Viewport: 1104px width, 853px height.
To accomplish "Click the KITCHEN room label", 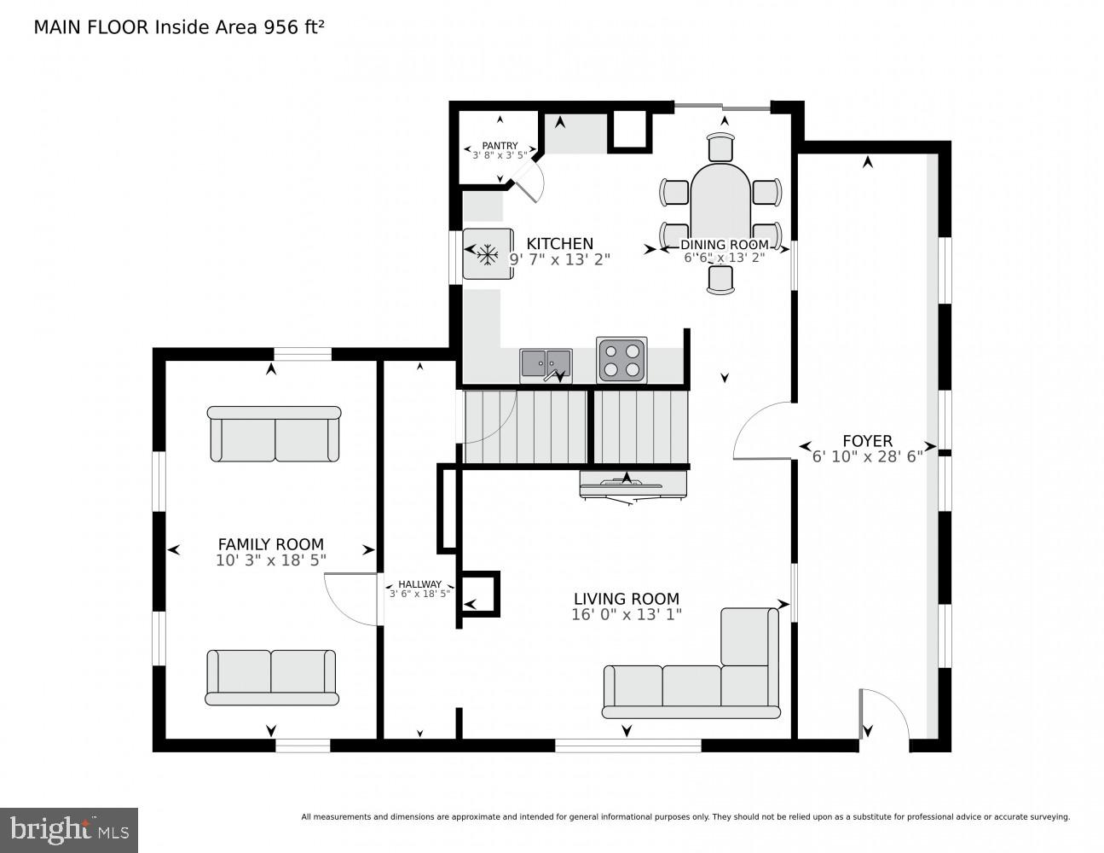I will pos(559,244).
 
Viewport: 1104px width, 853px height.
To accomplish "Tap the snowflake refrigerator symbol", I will pos(488,253).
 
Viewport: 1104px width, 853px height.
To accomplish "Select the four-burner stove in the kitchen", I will pos(621,359).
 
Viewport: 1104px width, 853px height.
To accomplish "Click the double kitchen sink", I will pos(546,365).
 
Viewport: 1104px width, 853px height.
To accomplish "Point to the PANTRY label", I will pos(500,146).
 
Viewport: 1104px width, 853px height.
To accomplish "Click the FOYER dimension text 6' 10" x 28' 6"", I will pos(867,456).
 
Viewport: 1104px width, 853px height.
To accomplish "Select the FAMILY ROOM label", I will pos(270,544).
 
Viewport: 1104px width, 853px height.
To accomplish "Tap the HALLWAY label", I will pos(419,584).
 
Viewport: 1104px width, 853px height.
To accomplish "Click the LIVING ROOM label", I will pos(627,599).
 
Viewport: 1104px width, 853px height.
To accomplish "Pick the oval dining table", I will pos(720,205).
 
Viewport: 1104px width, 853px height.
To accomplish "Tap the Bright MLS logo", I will pos(69,829).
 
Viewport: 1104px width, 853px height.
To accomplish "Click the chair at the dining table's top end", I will pos(721,148).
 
